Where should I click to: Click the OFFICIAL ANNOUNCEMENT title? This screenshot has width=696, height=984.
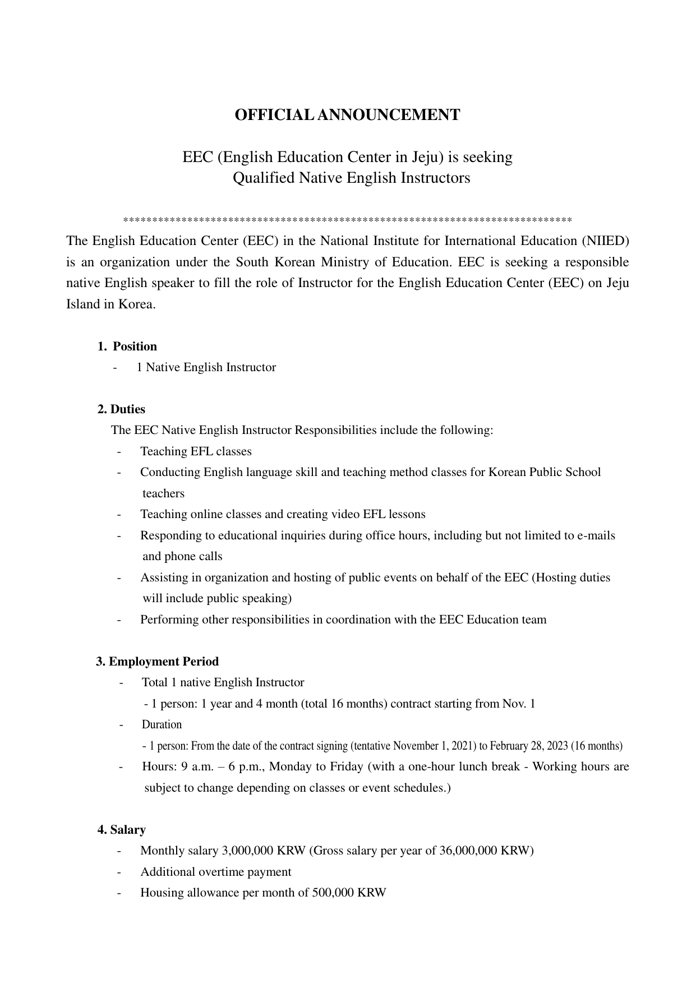pos(347,115)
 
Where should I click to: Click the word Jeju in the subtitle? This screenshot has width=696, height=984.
pos(426,157)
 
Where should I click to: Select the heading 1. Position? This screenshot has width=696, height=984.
pos(127,347)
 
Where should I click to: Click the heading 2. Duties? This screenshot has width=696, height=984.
pos(121,409)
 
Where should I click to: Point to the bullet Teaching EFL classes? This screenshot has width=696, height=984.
pos(196,451)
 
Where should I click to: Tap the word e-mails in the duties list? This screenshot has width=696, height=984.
pos(596,535)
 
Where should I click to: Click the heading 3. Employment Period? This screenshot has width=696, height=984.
pos(158,662)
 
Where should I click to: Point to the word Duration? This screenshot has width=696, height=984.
pos(162,724)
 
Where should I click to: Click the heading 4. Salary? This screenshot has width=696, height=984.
pos(122,830)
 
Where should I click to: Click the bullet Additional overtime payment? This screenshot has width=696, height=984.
pos(215,872)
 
